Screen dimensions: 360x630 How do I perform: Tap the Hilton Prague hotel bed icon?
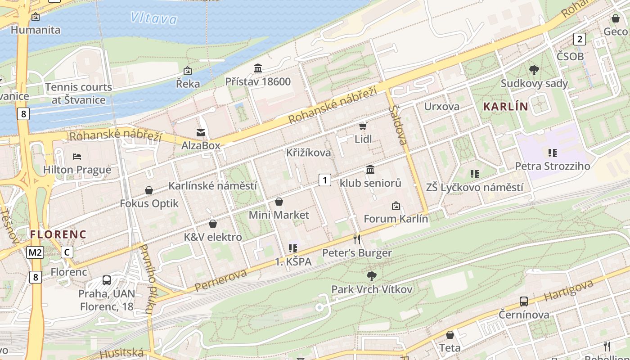pyautogui.click(x=77, y=157)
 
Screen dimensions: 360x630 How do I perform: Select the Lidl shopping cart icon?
pyautogui.click(x=363, y=126)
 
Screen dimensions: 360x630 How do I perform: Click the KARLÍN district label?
pyautogui.click(x=505, y=107)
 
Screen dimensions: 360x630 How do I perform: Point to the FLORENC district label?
pyautogui.click(x=58, y=234)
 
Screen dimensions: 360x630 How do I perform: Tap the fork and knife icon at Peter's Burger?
pyautogui.click(x=357, y=239)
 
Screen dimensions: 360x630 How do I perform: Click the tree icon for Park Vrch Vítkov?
pyautogui.click(x=372, y=275)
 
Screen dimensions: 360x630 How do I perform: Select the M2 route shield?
pyautogui.click(x=35, y=252)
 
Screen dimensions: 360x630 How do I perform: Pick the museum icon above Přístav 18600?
pyautogui.click(x=258, y=68)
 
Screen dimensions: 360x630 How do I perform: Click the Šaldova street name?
pyautogui.click(x=398, y=125)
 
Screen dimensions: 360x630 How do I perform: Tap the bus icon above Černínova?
pyautogui.click(x=524, y=301)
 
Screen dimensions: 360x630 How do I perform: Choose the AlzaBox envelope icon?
pyautogui.click(x=201, y=132)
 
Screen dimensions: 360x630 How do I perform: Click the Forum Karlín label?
pyautogui.click(x=396, y=219)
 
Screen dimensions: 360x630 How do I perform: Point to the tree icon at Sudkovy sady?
pyautogui.click(x=534, y=70)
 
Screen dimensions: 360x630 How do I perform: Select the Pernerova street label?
pyautogui.click(x=221, y=280)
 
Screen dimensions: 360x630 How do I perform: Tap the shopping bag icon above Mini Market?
pyautogui.click(x=279, y=202)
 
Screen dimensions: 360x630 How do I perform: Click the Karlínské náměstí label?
pyautogui.click(x=212, y=185)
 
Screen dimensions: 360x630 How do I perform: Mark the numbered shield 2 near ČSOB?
pyautogui.click(x=580, y=39)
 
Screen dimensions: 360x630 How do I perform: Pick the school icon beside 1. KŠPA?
pyautogui.click(x=293, y=248)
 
